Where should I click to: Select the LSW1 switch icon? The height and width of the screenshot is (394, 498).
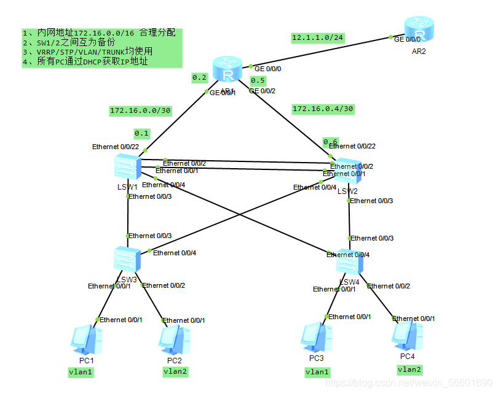pyautogui.click(x=127, y=167)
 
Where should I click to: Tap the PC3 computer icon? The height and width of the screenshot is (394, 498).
pyautogui.click(x=316, y=337)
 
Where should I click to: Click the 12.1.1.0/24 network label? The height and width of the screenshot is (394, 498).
pyautogui.click(x=317, y=38)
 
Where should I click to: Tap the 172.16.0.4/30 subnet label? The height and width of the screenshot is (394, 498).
pyautogui.click(x=323, y=109)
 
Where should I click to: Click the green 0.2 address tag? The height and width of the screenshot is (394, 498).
pyautogui.click(x=200, y=77)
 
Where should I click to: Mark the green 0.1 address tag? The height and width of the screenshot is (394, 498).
pyautogui.click(x=142, y=133)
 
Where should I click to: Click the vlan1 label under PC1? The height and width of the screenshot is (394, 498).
pyautogui.click(x=81, y=372)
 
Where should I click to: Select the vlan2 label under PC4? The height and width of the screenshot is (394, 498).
pyautogui.click(x=409, y=369)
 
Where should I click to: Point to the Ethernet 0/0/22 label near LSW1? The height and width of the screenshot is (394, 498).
pyautogui.click(x=116, y=147)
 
